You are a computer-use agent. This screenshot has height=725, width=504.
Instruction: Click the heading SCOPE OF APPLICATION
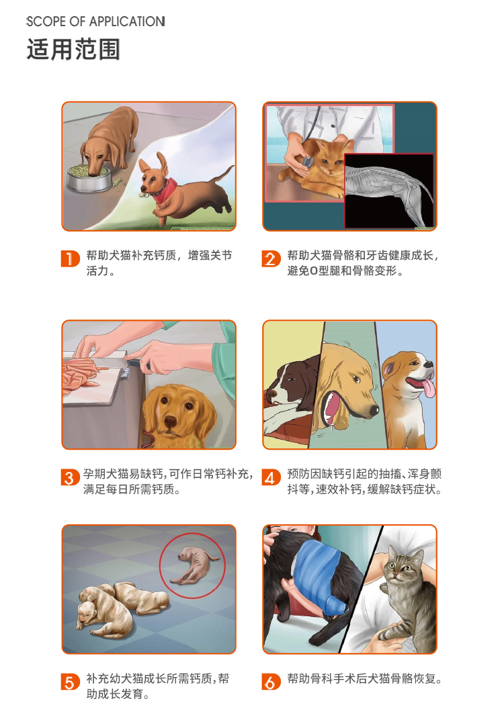click(x=96, y=21)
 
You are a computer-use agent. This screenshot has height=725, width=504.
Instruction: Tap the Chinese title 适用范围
click(x=73, y=49)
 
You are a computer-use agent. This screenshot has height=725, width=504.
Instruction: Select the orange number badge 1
click(x=70, y=258)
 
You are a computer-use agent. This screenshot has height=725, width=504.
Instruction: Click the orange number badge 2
click(x=271, y=258)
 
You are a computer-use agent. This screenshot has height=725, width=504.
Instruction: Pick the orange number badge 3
click(x=70, y=477)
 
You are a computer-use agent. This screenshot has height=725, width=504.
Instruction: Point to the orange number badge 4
click(x=271, y=477)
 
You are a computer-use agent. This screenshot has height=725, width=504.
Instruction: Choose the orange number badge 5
click(x=70, y=682)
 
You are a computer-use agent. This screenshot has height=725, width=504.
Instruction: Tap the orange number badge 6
click(x=271, y=682)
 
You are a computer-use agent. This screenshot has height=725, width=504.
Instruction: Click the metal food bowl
click(x=89, y=178)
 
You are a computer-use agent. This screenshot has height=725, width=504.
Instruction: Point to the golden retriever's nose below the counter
click(x=171, y=422)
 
